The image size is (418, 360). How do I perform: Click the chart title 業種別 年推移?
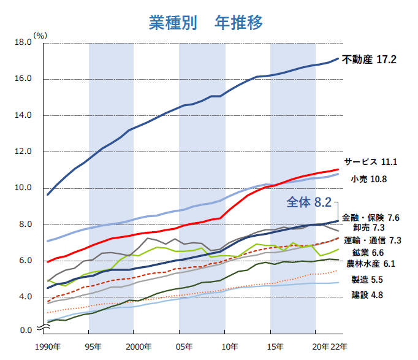pyautogui.click(x=206, y=23)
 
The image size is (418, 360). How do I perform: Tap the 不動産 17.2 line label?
pyautogui.click(x=370, y=60)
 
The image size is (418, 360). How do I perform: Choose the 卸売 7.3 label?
pyautogui.click(x=376, y=228)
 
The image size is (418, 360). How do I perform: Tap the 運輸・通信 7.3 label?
pyautogui.click(x=373, y=240)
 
